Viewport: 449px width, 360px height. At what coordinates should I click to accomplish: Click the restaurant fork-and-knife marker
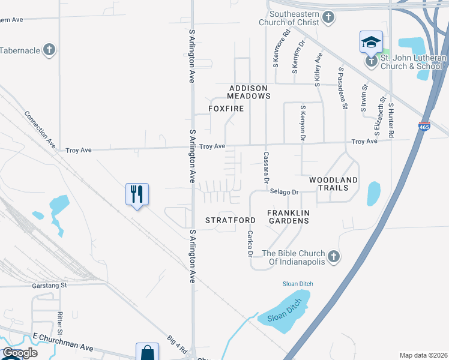(x=137, y=194)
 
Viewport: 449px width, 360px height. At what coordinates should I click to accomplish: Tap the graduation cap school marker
(x=371, y=43)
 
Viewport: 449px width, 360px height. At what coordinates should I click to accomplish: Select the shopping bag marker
(x=147, y=353)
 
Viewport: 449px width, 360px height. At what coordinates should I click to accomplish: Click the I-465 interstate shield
(x=424, y=127)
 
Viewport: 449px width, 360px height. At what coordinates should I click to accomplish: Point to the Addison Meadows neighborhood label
(x=249, y=92)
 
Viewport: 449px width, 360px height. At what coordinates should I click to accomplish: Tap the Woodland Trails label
(x=333, y=184)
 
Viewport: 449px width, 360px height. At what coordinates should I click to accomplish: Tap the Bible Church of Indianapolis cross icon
(x=334, y=257)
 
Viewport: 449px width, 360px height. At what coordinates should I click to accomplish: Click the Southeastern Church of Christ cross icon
(x=328, y=17)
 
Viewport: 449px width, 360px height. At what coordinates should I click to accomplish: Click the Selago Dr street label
(x=284, y=192)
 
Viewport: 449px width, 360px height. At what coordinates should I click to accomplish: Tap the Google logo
(x=20, y=353)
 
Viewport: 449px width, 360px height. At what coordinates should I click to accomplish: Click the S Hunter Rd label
(x=391, y=113)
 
